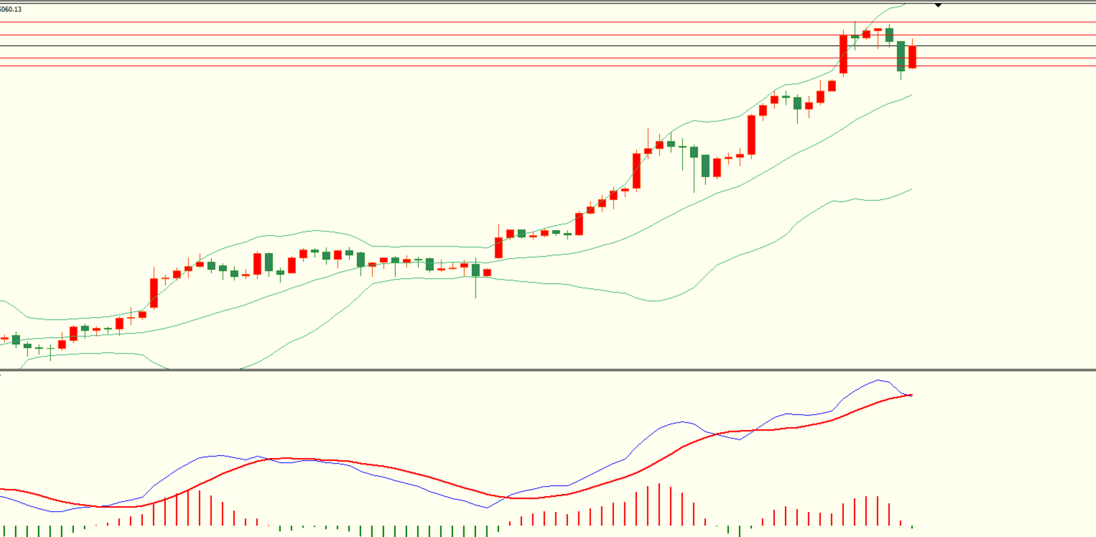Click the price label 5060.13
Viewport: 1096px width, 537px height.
point(11,9)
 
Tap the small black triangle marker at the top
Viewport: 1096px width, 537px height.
point(938,6)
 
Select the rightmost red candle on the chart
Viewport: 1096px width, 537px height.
point(913,57)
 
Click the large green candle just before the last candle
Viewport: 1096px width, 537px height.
point(901,56)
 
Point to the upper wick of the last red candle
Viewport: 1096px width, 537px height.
point(913,42)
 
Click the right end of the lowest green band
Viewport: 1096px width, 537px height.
point(911,189)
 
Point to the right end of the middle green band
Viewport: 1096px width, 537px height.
point(911,95)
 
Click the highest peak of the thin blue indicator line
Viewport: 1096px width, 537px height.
point(878,380)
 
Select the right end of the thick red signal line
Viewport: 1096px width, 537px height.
point(911,395)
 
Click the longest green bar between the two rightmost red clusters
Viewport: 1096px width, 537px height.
point(740,531)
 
